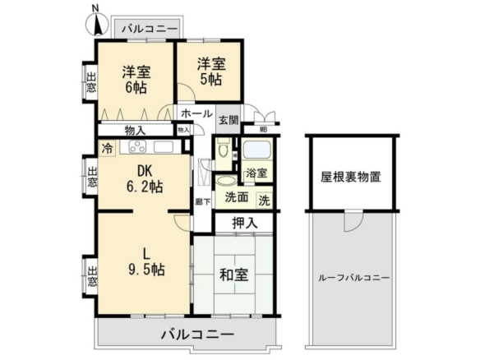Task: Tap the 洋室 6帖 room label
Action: click(136, 80)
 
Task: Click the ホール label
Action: click(196, 113)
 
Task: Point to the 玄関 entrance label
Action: click(228, 120)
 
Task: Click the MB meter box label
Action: click(263, 130)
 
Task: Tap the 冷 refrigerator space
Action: click(107, 149)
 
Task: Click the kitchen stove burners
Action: click(137, 146)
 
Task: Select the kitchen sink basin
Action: click(164, 147)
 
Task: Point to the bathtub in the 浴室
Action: click(256, 150)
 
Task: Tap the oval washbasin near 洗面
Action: click(225, 180)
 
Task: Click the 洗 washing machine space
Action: click(264, 201)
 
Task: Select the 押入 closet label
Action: click(245, 224)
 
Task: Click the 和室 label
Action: click(234, 275)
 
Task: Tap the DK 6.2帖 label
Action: click(145, 179)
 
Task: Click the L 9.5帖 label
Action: click(146, 261)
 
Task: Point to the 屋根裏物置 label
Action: click(351, 177)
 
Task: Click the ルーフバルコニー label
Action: click(354, 278)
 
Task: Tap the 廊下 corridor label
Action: click(203, 202)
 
